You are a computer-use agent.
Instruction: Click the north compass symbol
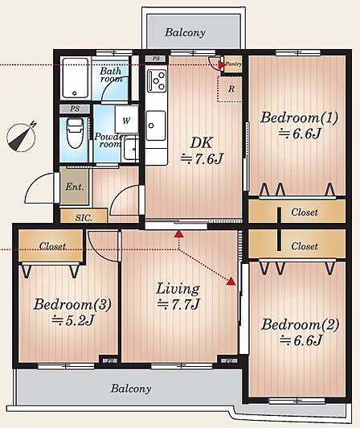pyautogui.click(x=22, y=137)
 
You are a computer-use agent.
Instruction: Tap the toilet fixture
pyautogui.click(x=75, y=133)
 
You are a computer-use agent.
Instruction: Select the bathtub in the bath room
pyautogui.click(x=76, y=78)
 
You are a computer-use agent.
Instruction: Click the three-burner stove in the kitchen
pyautogui.click(x=157, y=80)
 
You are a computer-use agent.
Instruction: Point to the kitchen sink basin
pyautogui.click(x=156, y=126)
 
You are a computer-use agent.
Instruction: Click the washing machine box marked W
pyautogui.click(x=126, y=120)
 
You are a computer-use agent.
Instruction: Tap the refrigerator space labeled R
pyautogui.click(x=230, y=89)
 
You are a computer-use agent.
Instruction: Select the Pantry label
pyautogui.click(x=234, y=64)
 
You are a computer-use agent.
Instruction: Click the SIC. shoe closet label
pyautogui.click(x=84, y=217)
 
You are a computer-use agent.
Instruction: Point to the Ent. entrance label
pyautogui.click(x=75, y=187)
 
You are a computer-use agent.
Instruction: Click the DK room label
pyautogui.click(x=201, y=142)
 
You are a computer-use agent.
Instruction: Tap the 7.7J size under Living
pyautogui.click(x=178, y=304)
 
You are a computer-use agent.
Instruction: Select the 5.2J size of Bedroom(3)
pyautogui.click(x=73, y=320)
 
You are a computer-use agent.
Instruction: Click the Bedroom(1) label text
pyautogui.click(x=299, y=117)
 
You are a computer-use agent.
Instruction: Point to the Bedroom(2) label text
pyautogui.click(x=300, y=324)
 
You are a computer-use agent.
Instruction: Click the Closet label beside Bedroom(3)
pyautogui.click(x=52, y=246)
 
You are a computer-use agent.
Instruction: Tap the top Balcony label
pyautogui.click(x=185, y=32)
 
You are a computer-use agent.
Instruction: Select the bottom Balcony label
pyautogui.click(x=131, y=388)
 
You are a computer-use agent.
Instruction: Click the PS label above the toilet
pyautogui.click(x=75, y=109)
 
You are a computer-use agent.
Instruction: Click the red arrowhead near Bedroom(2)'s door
pyautogui.click(x=231, y=282)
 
